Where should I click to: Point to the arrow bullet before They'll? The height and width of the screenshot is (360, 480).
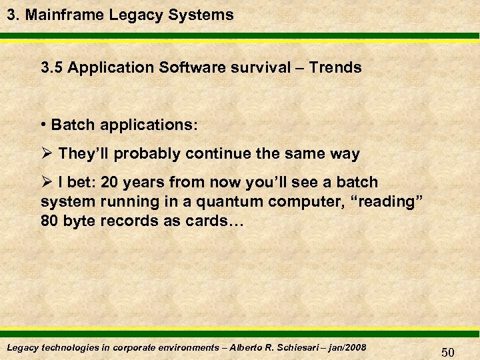47,154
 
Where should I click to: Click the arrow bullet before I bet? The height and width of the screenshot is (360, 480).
47,183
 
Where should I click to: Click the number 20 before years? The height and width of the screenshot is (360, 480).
111,183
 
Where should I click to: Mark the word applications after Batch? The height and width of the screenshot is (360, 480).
145,125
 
